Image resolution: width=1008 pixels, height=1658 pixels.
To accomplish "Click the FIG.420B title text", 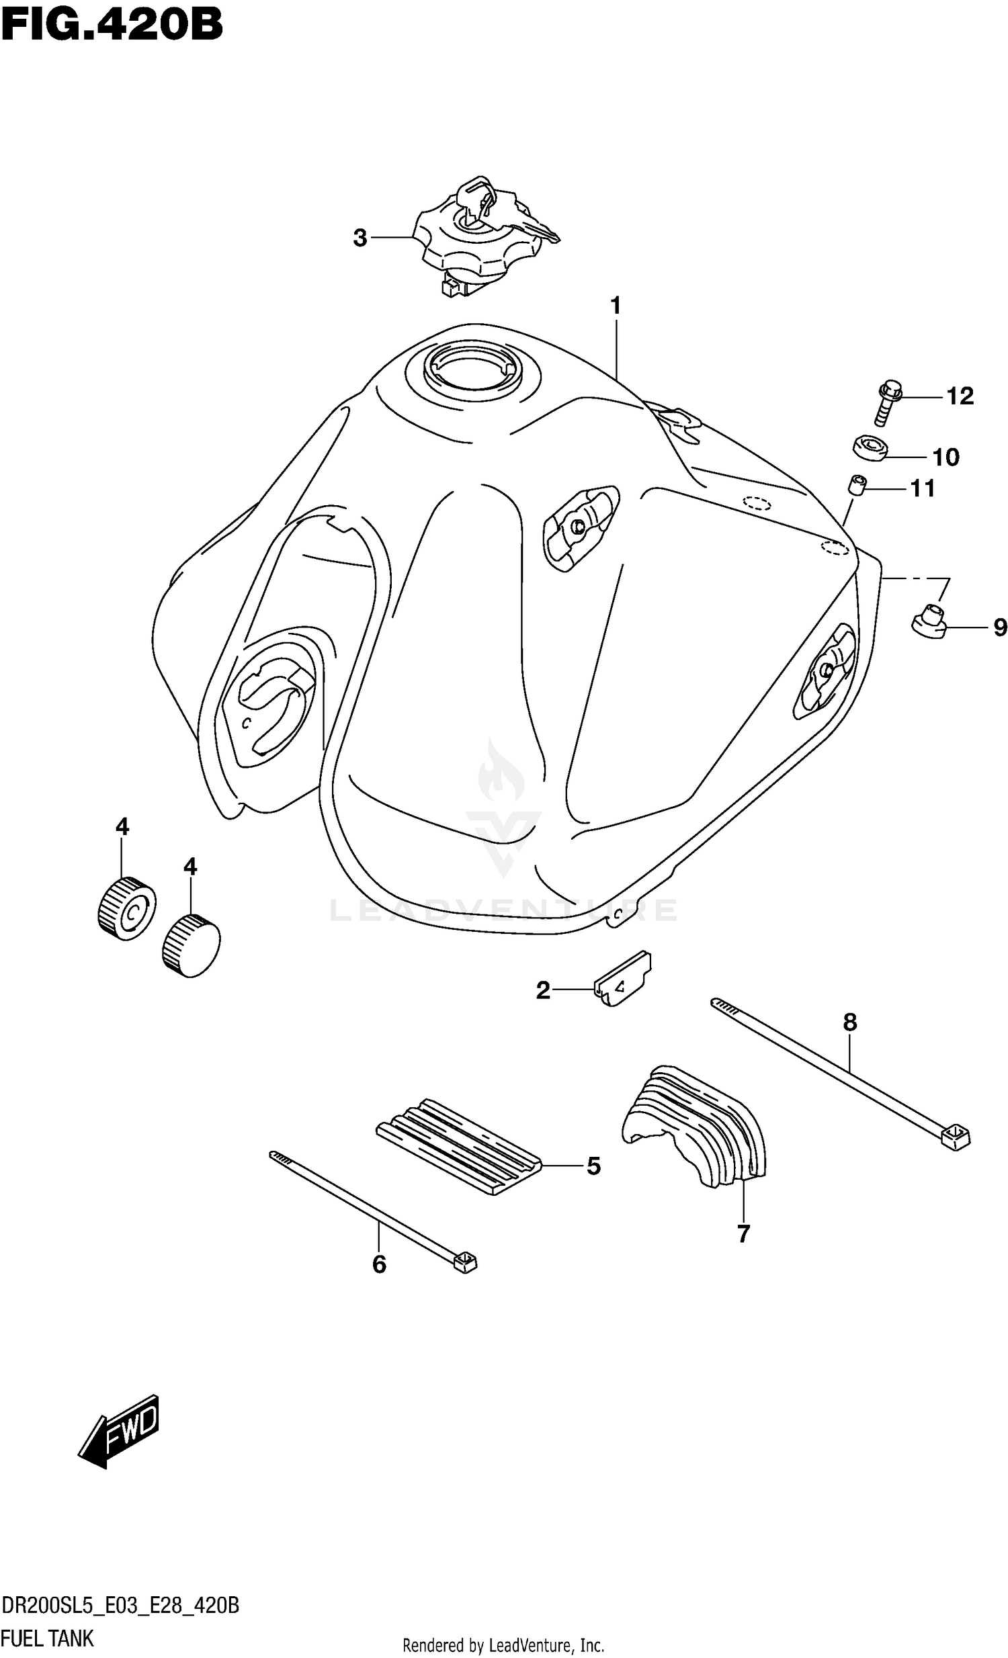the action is pyautogui.click(x=112, y=26).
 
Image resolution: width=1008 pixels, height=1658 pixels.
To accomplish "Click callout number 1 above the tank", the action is pyautogui.click(x=615, y=306).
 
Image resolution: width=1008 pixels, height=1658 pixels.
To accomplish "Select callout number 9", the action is pyautogui.click(x=1000, y=628).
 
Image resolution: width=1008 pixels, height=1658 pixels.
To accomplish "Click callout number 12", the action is pyautogui.click(x=960, y=396).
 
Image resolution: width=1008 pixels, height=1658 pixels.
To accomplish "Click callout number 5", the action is pyautogui.click(x=593, y=1166).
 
